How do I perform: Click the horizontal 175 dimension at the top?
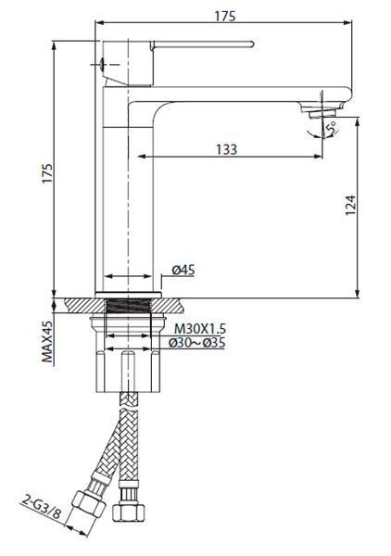pyautogui.click(x=225, y=17)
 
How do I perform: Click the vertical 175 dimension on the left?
pyautogui.click(x=47, y=173)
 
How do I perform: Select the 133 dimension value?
pyautogui.click(x=226, y=149)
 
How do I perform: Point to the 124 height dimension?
pyautogui.click(x=350, y=205)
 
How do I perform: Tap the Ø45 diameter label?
pyautogui.click(x=183, y=271)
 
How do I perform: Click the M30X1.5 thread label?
pyautogui.click(x=200, y=329)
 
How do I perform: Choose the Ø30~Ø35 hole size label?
pyautogui.click(x=196, y=343)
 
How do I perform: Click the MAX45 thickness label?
pyautogui.click(x=47, y=342)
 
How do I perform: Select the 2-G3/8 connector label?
pyautogui.click(x=42, y=508)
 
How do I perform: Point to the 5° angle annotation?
pyautogui.click(x=332, y=129)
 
